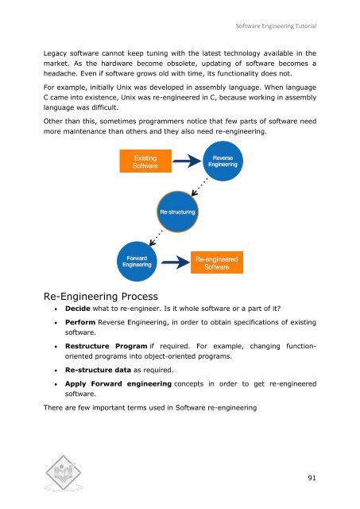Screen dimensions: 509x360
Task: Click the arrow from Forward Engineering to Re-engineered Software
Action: [x=175, y=263]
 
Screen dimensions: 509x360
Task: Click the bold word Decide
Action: [x=83, y=308]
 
